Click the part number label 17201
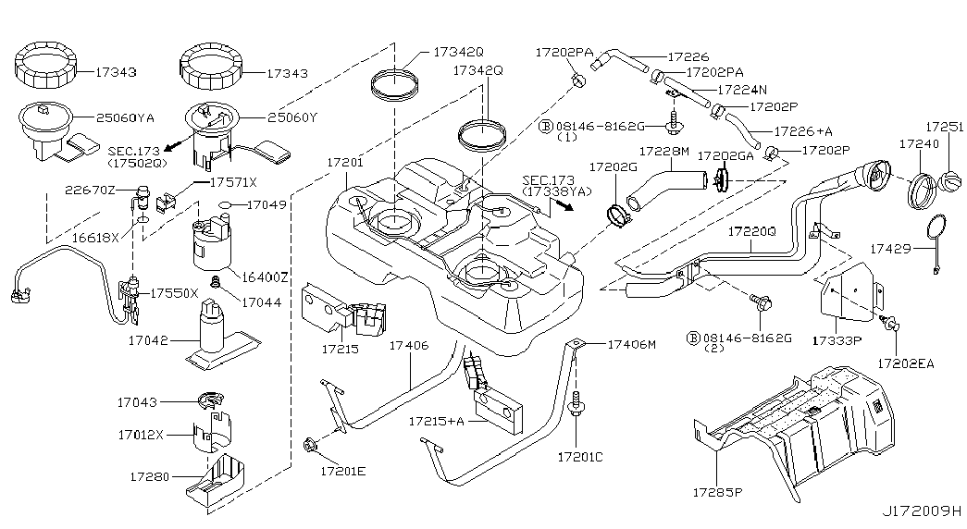pyautogui.click(x=344, y=162)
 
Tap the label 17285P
pyautogui.click(x=717, y=493)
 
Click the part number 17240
pyautogui.click(x=918, y=144)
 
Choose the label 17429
pyautogui.click(x=892, y=248)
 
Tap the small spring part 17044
pyautogui.click(x=216, y=282)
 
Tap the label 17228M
pyautogui.click(x=664, y=151)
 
